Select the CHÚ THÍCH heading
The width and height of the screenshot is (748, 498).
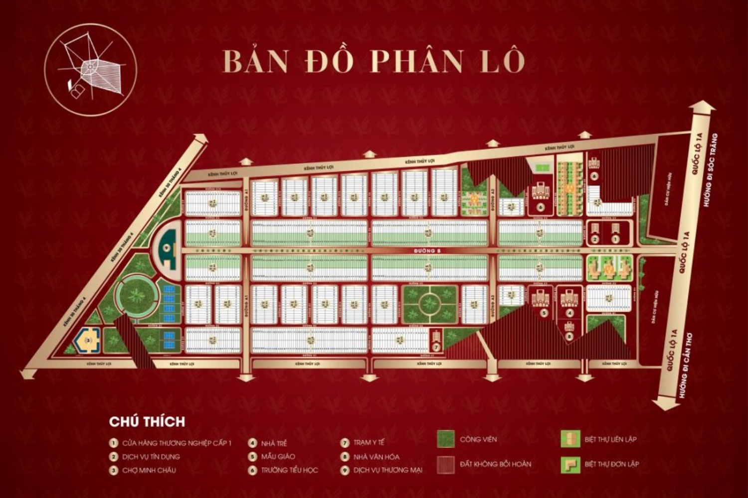click(x=147, y=421)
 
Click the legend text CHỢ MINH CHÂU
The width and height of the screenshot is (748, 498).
click(x=149, y=470)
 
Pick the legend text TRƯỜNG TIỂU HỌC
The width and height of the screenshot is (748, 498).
click(x=289, y=470)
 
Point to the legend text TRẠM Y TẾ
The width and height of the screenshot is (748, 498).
click(x=369, y=443)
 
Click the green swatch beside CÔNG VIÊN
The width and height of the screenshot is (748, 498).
click(x=445, y=439)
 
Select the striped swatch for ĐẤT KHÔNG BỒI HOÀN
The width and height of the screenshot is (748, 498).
click(x=445, y=464)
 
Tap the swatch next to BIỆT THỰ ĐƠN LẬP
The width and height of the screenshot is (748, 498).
click(x=570, y=464)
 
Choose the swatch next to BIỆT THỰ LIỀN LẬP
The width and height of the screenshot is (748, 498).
click(x=570, y=439)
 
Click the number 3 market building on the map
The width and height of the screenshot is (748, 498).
click(x=89, y=340)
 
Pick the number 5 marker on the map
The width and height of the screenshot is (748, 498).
click(x=544, y=313)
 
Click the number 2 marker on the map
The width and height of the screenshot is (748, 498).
click(x=594, y=240)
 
